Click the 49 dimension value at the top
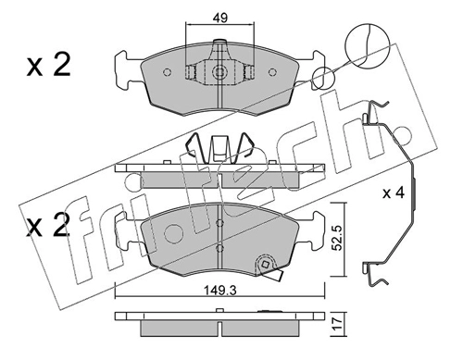220,18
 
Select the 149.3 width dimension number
220,291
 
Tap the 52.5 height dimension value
339,238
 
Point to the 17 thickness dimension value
339,324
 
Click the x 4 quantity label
394,193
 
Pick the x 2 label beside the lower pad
47,226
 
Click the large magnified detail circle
367,45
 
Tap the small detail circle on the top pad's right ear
323,78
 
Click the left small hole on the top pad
167,72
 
